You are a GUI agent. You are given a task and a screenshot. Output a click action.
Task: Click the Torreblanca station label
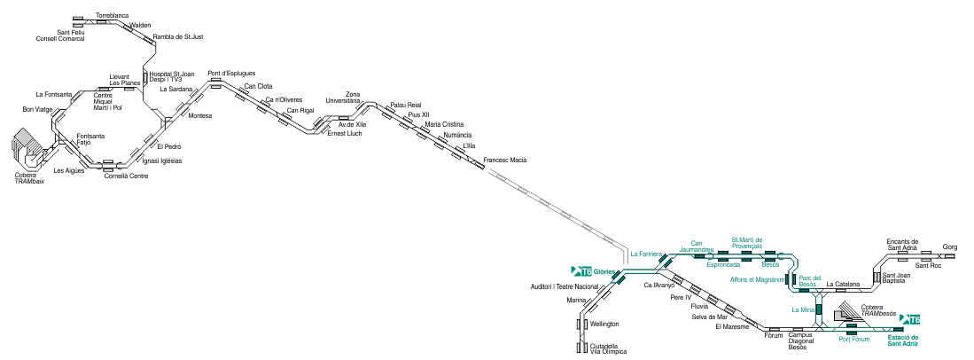tap(113, 14)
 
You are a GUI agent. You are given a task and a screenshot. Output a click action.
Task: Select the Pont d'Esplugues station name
tap(231, 74)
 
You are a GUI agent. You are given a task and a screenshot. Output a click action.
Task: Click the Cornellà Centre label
tap(126, 176)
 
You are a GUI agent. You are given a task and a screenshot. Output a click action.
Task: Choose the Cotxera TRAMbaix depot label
tap(30, 178)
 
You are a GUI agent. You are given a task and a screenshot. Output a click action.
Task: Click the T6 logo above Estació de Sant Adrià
tap(910, 319)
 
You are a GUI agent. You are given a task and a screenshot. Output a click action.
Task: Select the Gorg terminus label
tap(950, 247)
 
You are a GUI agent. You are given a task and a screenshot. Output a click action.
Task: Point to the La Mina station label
tap(803, 309)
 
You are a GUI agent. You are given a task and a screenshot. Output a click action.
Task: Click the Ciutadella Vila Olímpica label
tap(608, 348)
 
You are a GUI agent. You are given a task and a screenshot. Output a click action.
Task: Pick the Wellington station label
tap(604, 324)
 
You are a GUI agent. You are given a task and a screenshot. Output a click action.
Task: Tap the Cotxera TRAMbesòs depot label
tap(879, 311)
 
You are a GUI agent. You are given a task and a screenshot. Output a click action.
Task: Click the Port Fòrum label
tap(854, 339)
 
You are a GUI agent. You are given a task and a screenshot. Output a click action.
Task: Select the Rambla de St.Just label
tap(177, 36)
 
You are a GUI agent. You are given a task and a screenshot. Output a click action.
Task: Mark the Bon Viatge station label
tap(37, 109)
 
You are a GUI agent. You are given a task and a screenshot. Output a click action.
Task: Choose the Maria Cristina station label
tap(444, 124)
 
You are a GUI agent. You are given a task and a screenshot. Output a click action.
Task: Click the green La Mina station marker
tap(819, 309)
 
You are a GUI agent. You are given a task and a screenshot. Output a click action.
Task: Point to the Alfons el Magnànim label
tap(757, 279)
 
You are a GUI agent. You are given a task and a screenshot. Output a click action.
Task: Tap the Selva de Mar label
tap(709, 317)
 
